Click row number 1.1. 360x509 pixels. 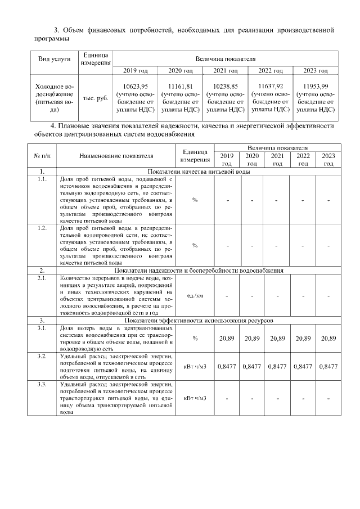tap(42, 179)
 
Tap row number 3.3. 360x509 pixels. tap(42, 384)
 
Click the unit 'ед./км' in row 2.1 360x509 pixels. tap(195, 295)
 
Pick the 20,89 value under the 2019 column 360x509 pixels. tap(227, 338)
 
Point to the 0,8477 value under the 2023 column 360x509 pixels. tap(328, 366)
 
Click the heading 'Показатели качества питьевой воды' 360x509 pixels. tap(199, 171)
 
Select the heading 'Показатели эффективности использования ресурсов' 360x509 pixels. tap(199, 320)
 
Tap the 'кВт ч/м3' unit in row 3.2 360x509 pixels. tap(195, 366)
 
